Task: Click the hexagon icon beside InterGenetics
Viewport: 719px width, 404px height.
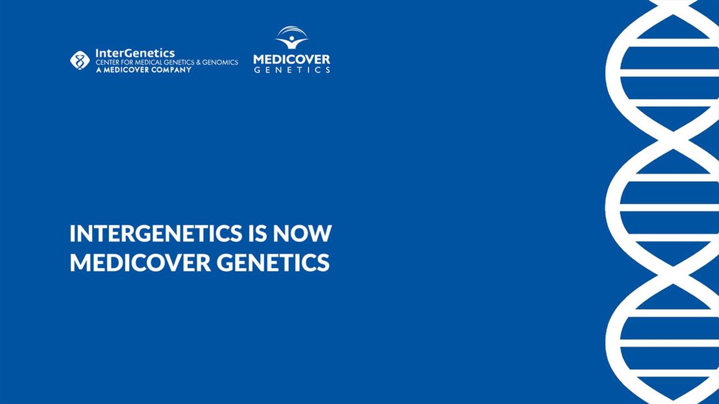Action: pos(80,60)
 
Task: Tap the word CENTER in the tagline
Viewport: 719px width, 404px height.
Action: pos(108,62)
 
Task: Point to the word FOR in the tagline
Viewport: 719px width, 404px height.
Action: pos(131,62)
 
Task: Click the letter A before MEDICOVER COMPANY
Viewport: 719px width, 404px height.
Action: pos(98,70)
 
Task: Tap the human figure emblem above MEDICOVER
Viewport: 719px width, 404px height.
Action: pos(292,38)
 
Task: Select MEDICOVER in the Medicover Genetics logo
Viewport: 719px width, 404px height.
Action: pos(292,59)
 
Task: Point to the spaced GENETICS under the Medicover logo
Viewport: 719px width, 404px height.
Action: pos(292,70)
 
